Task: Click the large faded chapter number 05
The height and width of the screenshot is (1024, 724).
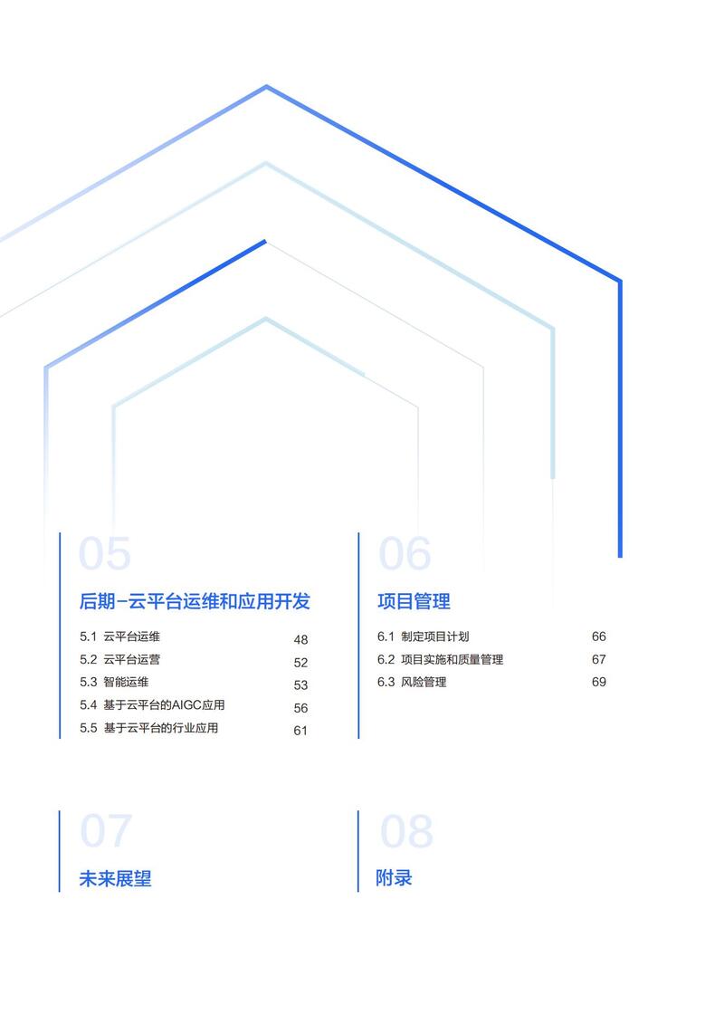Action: [x=104, y=554]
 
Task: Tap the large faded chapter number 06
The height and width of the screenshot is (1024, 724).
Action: [x=405, y=554]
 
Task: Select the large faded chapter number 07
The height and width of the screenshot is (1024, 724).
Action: [x=106, y=830]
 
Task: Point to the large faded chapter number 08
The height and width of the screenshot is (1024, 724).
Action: [x=406, y=830]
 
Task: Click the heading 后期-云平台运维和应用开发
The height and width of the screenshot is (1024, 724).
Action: [x=195, y=601]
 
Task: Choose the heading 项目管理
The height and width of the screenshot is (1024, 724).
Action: [x=414, y=601]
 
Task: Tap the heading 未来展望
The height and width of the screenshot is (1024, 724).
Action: [x=116, y=878]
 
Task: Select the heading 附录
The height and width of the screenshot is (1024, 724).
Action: [x=394, y=877]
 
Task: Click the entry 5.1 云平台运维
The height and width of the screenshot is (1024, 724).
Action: [x=120, y=636]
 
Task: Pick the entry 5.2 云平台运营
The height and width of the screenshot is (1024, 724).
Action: [x=120, y=659]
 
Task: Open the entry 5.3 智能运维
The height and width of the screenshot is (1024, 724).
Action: [x=114, y=682]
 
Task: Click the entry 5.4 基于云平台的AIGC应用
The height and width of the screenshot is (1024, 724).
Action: [x=152, y=704]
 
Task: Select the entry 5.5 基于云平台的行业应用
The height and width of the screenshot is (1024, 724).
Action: [x=148, y=728]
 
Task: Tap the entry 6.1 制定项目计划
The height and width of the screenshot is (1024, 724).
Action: [x=423, y=636]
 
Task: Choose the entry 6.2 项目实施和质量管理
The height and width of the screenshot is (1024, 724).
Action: [x=440, y=659]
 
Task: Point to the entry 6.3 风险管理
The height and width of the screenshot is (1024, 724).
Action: [x=412, y=682]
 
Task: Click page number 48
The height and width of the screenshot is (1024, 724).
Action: [x=300, y=639]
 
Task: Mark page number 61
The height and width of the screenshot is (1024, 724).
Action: [x=300, y=730]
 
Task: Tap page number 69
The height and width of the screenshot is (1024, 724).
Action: [x=598, y=682]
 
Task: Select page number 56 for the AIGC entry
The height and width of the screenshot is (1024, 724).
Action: [x=300, y=708]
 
